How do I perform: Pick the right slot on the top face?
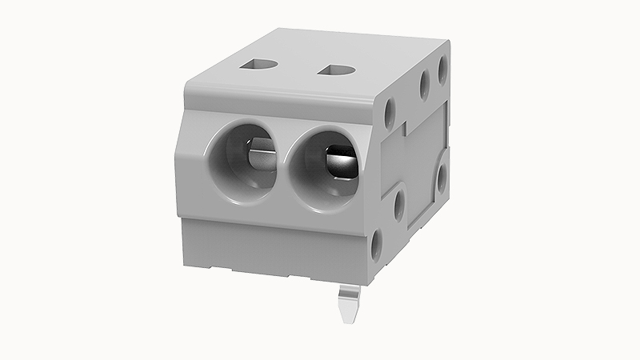coord(336,70)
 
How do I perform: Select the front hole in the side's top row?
coord(390,113)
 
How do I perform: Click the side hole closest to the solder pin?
coord(378,241)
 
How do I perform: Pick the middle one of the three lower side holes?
coord(400,204)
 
